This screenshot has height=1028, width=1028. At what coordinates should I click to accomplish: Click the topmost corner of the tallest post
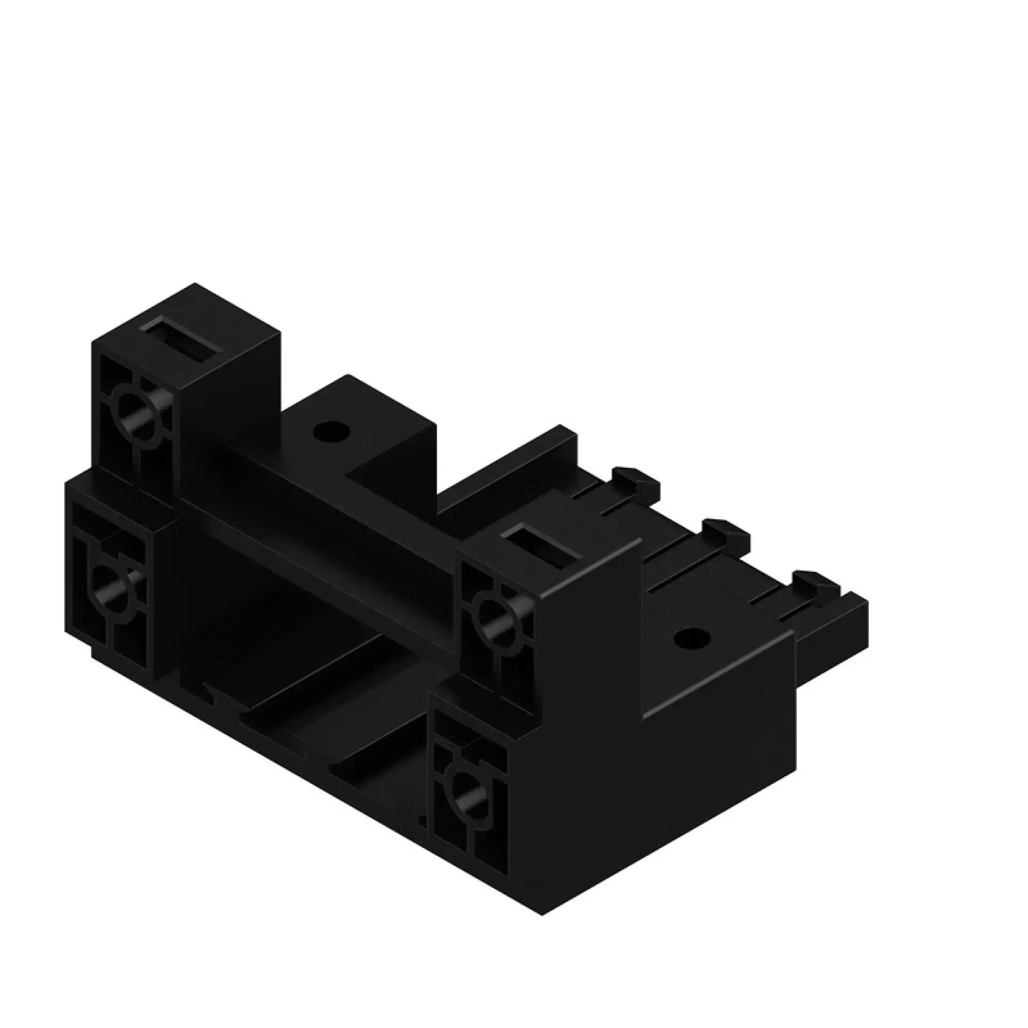[x=195, y=284]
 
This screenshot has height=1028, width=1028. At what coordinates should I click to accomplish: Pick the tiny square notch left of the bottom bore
[x=423, y=822]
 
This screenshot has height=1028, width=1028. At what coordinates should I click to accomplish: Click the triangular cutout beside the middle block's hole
[x=373, y=468]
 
